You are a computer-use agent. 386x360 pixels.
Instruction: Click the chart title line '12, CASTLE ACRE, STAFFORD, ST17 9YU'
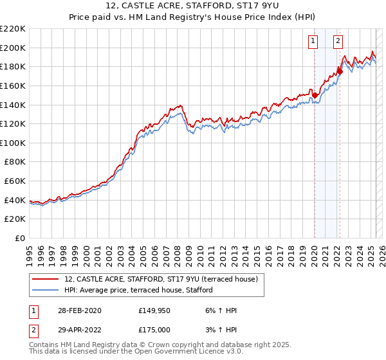[x=193, y=7]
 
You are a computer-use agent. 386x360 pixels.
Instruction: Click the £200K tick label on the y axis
[x=13, y=48]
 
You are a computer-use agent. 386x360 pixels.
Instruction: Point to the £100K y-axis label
[x=13, y=143]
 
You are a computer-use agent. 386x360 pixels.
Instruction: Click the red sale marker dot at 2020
[x=315, y=95]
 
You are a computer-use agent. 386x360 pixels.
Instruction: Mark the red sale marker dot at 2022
[x=340, y=71]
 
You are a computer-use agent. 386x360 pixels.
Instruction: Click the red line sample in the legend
[x=46, y=279]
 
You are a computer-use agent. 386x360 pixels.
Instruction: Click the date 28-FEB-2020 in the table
[x=78, y=311]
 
